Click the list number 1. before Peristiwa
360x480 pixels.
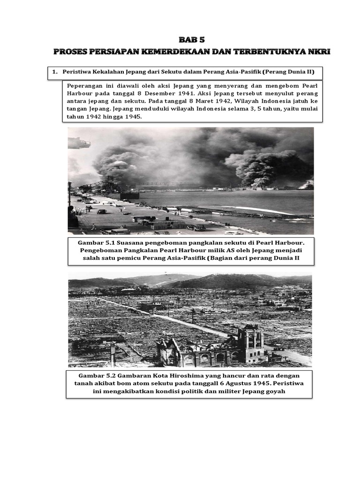(55, 72)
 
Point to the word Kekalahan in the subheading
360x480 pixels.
(107, 72)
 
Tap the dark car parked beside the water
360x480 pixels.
(196, 227)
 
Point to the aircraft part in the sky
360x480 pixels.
(79, 142)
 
